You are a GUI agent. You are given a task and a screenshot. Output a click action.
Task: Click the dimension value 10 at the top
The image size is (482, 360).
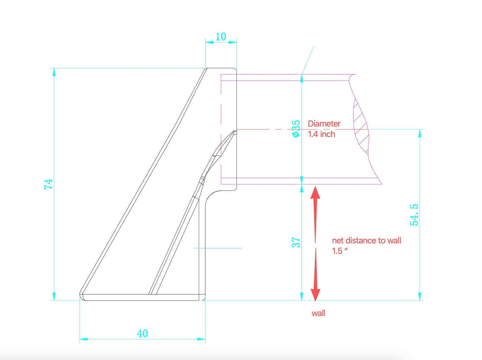221,37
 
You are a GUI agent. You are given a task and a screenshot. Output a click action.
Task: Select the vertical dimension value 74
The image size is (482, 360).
49,184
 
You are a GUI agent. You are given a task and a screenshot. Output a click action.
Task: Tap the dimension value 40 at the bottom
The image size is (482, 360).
142,334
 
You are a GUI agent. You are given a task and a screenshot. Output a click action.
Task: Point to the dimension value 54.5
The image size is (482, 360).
414,215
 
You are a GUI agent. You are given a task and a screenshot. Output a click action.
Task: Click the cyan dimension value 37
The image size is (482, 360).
296,243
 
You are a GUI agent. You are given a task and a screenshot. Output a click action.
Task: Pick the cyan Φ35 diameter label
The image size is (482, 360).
296,129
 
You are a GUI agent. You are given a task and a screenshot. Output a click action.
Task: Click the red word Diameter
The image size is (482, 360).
324,124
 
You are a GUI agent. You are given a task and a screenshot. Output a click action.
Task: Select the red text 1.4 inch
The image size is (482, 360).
321,134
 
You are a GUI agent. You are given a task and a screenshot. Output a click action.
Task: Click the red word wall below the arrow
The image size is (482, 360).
318,313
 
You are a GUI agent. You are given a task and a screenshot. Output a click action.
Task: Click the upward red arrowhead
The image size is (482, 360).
315,193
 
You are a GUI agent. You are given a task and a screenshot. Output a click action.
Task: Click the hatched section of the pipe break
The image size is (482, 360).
361,127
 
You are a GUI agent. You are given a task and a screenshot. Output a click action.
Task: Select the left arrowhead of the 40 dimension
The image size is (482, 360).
84,339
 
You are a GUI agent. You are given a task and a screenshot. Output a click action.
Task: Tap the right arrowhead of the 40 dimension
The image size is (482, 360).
201,339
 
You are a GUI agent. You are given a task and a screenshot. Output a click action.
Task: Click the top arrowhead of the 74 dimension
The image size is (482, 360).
54,72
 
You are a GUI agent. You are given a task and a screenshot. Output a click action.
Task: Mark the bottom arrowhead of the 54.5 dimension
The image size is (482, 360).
420,296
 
